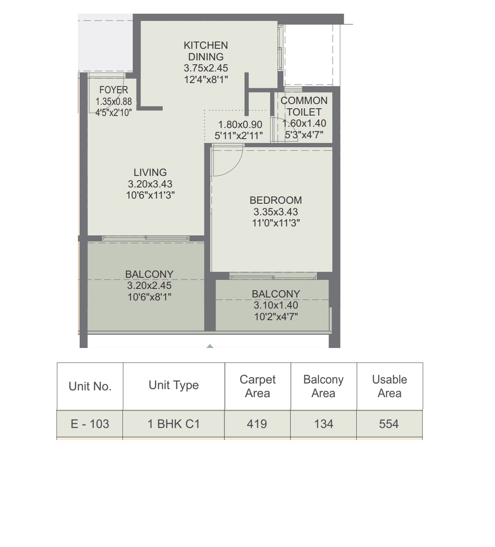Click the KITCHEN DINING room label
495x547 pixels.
point(206,51)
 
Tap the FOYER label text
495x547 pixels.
point(113,90)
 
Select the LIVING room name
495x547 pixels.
point(150,172)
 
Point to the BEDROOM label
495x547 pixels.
point(276,200)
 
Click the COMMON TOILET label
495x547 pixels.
point(304,106)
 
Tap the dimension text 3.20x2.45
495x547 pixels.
point(149,285)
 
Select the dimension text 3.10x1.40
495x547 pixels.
point(276,305)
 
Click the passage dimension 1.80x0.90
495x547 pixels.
point(240,125)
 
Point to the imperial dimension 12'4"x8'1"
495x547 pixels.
point(206,80)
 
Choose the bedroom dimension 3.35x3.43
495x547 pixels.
point(276,212)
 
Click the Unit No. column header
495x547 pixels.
point(90,386)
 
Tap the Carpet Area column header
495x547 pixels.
point(258,386)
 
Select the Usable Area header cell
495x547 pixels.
point(389,386)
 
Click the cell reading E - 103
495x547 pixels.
point(90,424)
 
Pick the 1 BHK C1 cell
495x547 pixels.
point(174,424)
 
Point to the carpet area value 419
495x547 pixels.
point(257,424)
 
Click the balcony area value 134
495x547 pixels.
point(323,424)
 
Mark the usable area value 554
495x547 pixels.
point(389,424)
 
